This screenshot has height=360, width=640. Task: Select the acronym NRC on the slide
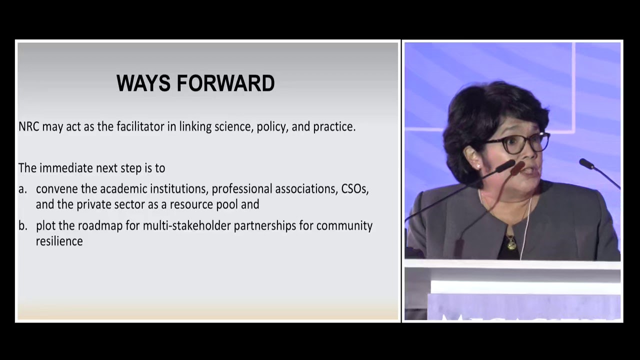click(x=29, y=126)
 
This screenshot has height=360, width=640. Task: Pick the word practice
click(x=334, y=127)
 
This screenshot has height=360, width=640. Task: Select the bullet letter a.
click(x=22, y=189)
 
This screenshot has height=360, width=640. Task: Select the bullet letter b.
click(x=22, y=225)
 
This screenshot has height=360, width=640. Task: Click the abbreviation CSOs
click(x=355, y=189)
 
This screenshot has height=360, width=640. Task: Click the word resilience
click(x=59, y=241)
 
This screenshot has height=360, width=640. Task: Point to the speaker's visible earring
click(x=477, y=165)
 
